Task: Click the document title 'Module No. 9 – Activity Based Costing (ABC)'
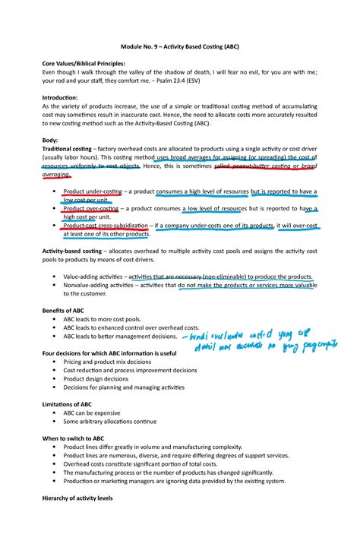179,45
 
